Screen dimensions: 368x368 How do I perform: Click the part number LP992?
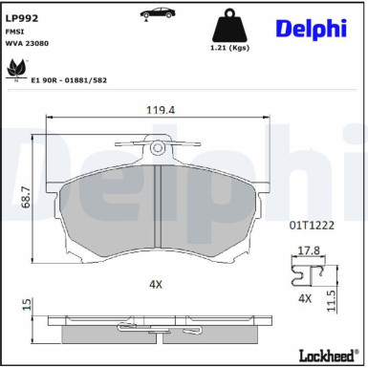pos(22,18)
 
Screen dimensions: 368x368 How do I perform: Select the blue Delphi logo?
pos(311,29)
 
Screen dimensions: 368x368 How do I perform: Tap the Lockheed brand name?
pos(327,356)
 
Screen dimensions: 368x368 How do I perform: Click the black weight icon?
pos(229,26)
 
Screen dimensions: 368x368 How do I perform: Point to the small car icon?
pos(158,13)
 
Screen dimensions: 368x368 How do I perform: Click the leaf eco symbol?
pos(17,69)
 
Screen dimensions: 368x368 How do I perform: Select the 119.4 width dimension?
pos(161,110)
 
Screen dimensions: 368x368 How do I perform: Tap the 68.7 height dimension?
pos(26,198)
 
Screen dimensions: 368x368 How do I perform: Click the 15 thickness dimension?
pos(28,304)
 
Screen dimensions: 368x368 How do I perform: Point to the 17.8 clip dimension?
pos(309,250)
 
